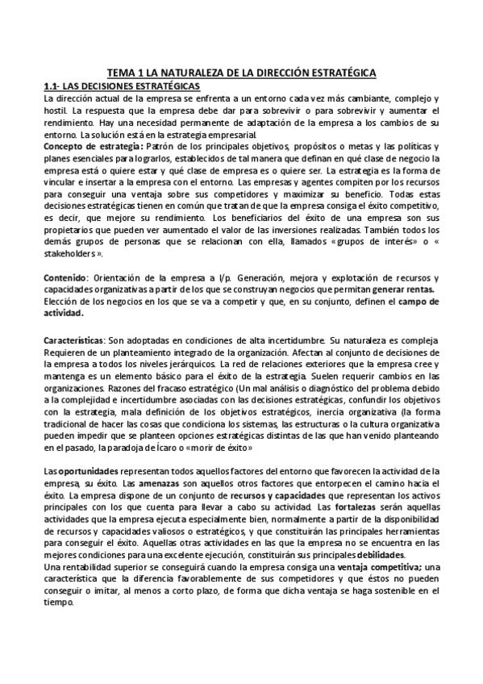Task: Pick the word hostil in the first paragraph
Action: pyautogui.click(x=55, y=109)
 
